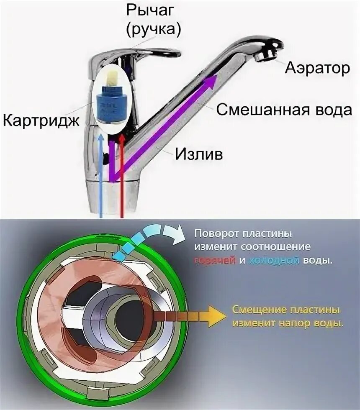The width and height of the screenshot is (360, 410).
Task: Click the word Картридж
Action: click(41, 120)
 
